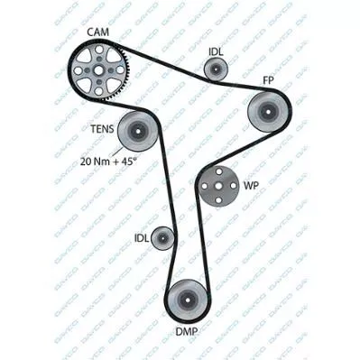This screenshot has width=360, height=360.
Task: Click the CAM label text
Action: (98, 32)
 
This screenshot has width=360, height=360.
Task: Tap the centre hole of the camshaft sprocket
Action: (98, 70)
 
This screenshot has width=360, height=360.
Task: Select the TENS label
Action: (102, 129)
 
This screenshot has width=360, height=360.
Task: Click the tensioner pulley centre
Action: (137, 131)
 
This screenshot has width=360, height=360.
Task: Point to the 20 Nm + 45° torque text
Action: (108, 162)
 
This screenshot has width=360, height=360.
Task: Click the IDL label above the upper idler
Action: (216, 52)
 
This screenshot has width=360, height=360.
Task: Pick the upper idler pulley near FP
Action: (216, 69)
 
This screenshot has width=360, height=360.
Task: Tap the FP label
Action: (268, 80)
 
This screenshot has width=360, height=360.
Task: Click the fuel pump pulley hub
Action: (268, 111)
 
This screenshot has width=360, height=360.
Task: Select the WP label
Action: (251, 186)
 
